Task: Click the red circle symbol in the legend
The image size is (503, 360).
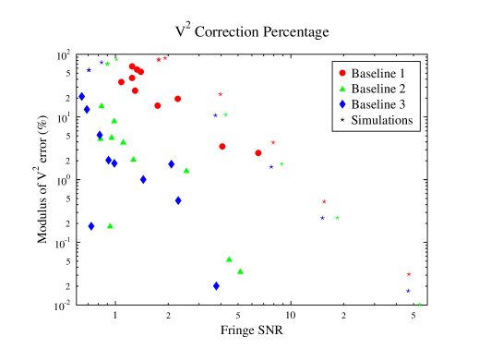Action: [342, 73]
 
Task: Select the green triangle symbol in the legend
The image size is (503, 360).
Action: [342, 89]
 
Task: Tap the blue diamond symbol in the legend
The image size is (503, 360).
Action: [342, 104]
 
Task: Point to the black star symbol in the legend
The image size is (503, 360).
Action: [342, 120]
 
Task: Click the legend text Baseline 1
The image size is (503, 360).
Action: [378, 73]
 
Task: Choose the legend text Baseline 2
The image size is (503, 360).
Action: [378, 89]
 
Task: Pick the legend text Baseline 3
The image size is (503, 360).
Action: [378, 104]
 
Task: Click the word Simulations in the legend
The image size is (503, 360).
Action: [382, 120]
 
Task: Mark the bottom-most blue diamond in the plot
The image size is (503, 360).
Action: [216, 286]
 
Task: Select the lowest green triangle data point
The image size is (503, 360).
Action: [240, 271]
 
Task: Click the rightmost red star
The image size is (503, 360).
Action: [409, 274]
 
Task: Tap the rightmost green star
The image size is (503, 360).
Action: [420, 305]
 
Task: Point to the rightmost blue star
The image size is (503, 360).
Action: [408, 291]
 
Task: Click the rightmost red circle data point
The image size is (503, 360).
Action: [258, 153]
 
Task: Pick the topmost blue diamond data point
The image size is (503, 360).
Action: [82, 96]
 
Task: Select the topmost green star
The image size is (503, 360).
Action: [116, 59]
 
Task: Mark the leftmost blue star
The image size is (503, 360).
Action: [89, 69]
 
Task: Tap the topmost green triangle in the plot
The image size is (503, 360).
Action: [102, 106]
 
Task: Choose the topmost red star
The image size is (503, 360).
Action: [165, 57]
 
